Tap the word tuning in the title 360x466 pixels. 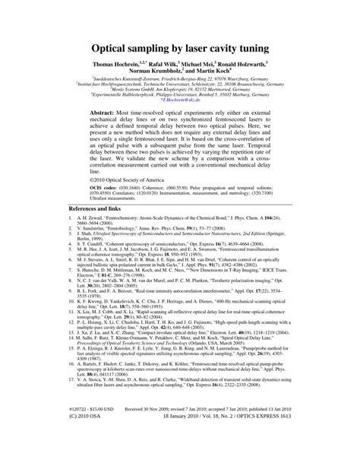point(264,48)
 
